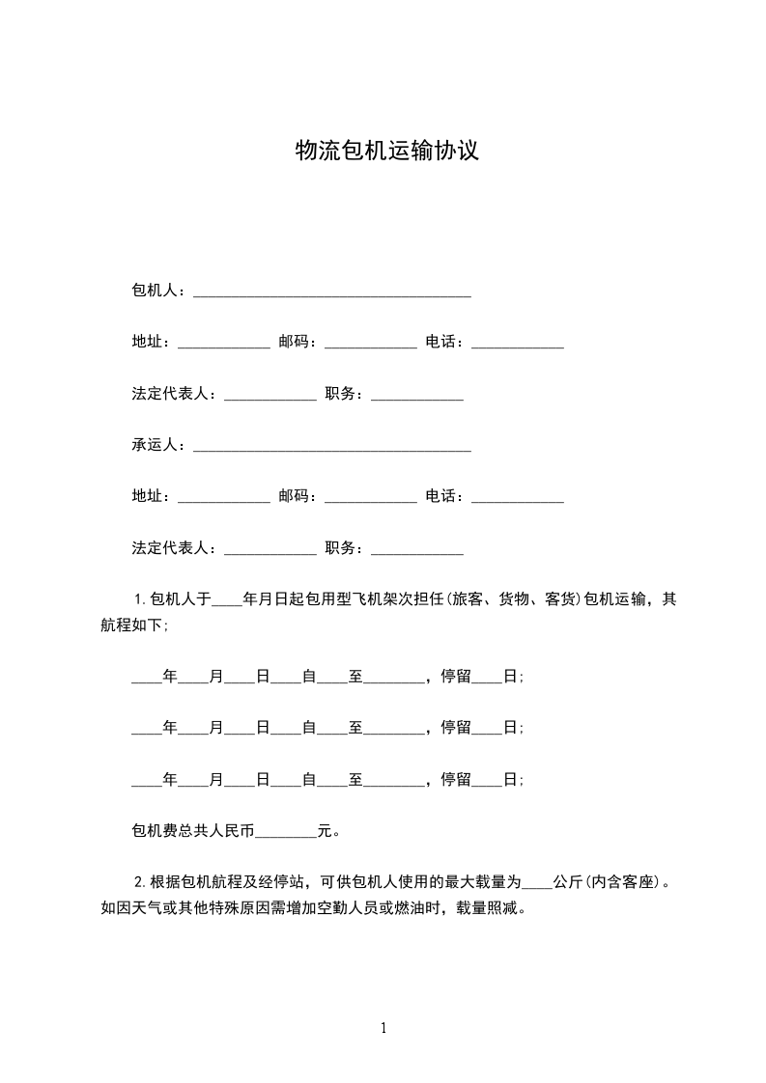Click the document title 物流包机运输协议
tap(386, 151)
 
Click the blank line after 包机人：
tap(332, 291)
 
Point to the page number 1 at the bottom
tap(383, 1028)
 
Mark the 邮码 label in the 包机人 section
tap(294, 342)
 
